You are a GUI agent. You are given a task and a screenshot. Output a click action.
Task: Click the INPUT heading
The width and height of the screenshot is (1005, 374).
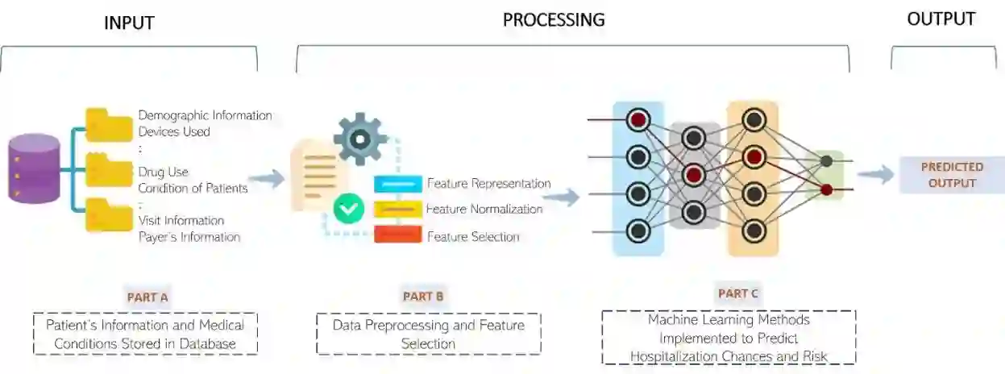129,24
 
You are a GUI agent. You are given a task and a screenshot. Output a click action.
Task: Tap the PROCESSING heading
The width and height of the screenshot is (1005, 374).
554,19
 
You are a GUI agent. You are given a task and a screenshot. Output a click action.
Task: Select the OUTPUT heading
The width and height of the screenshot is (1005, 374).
941,19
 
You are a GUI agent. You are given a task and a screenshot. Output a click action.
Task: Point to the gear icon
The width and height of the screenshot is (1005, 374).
359,139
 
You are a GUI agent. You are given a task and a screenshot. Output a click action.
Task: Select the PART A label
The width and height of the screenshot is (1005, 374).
147,297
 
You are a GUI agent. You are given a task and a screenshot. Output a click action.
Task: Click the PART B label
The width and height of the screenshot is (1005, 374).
423,296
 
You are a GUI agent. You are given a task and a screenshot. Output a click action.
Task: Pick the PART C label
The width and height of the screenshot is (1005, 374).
737,293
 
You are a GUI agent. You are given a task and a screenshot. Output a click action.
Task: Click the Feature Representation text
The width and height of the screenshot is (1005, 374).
488,184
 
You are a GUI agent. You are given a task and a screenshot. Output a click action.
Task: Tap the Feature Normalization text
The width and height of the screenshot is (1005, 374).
484,210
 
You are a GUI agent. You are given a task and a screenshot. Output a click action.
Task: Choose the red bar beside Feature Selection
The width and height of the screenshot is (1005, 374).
397,235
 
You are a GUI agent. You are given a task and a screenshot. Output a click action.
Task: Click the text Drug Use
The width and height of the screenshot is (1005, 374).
163,172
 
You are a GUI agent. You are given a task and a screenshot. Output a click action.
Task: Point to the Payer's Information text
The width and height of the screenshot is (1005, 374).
189,237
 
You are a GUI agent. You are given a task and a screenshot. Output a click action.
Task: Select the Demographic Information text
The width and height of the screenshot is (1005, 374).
205,115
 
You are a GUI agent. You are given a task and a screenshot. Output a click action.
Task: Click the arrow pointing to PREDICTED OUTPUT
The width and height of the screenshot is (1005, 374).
875,174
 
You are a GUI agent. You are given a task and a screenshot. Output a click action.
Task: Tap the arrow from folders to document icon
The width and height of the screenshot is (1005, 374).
267,178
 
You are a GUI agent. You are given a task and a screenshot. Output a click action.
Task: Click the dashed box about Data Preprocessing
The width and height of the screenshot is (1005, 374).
428,335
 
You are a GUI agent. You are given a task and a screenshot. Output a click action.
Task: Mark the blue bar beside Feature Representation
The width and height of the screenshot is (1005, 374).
397,184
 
